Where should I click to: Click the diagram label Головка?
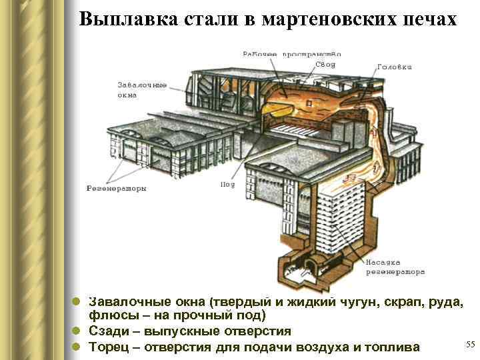(395, 67)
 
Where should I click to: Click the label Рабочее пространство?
(292, 53)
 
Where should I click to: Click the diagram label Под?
(227, 184)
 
